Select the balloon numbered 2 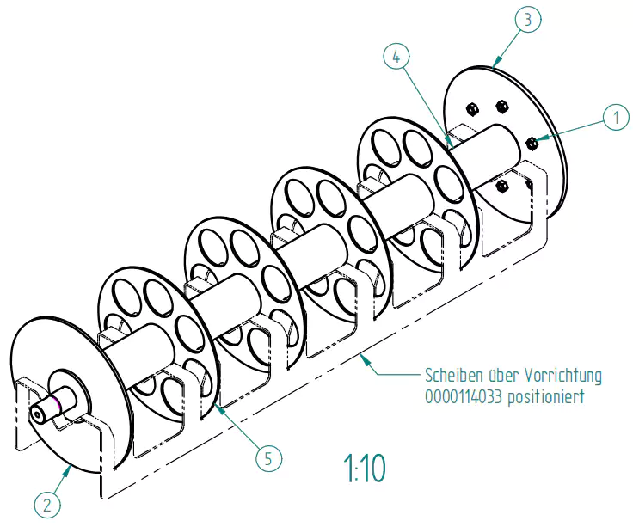(47, 504)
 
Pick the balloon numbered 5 (268, 458)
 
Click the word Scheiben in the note (453, 376)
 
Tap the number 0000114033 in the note (465, 397)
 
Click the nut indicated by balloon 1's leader (531, 141)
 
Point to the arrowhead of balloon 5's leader (218, 405)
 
